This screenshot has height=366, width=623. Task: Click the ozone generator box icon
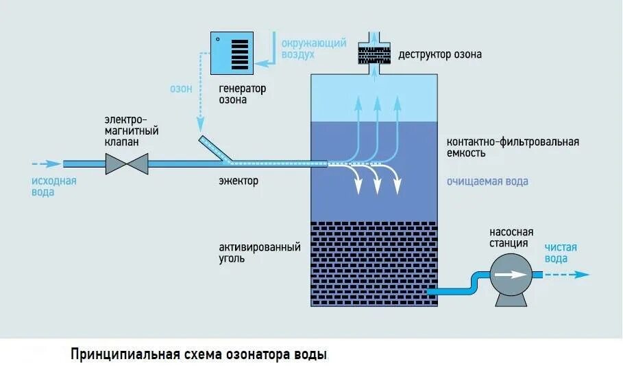[x=232, y=52]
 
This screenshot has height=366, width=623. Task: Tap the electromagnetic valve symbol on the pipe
[x=127, y=164]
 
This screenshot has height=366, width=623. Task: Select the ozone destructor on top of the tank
[x=375, y=52]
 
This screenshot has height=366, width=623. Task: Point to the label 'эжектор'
[x=239, y=181]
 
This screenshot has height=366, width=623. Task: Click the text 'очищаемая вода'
[x=487, y=181]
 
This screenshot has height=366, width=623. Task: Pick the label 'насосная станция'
[x=511, y=237]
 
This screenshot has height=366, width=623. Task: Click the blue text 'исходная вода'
[x=53, y=187]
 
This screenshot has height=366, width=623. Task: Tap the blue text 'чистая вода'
[x=561, y=253]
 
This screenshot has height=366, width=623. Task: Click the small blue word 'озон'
[x=182, y=88]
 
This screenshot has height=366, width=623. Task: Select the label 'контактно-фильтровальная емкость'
[x=513, y=147]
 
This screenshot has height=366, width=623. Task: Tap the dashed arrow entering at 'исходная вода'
[x=45, y=164]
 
